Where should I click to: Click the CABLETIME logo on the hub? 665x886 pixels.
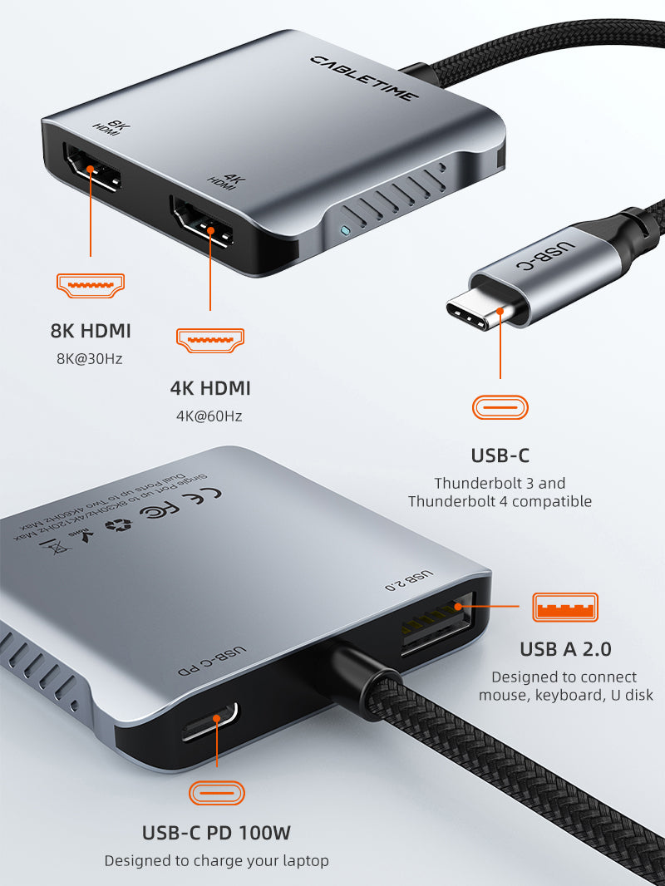click(365, 77)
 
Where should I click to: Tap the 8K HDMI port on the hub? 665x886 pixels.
click(91, 171)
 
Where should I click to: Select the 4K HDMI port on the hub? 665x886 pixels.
click(203, 222)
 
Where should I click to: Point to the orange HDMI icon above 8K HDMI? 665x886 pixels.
click(90, 286)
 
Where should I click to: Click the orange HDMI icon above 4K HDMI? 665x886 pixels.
click(210, 339)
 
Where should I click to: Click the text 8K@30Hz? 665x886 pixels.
click(90, 360)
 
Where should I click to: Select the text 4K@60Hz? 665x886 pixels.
click(209, 416)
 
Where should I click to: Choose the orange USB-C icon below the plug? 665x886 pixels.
click(500, 407)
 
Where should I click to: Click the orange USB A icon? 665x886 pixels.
click(565, 607)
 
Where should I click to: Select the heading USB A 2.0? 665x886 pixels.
click(565, 649)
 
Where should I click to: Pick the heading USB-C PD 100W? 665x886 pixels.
click(216, 832)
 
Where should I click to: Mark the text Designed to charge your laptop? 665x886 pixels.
click(216, 861)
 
